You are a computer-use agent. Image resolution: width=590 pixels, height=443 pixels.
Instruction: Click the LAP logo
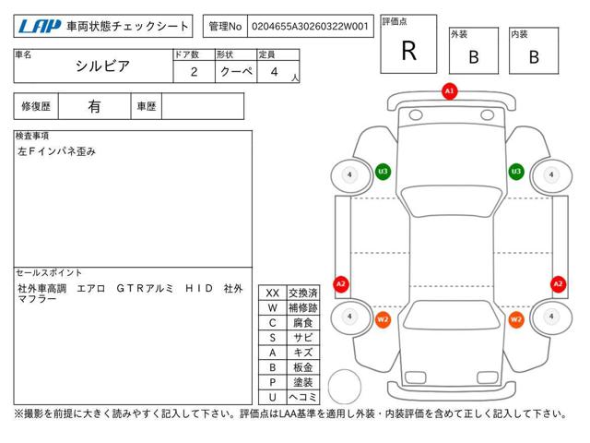[x=38, y=28]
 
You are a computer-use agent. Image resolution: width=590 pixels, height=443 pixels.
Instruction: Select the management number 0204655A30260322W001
[x=311, y=28]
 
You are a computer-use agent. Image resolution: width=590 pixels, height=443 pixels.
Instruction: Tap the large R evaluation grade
[x=408, y=52]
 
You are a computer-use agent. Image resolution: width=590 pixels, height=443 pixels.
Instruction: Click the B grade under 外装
[x=473, y=57]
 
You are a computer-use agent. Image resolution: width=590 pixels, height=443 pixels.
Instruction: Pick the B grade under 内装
[x=533, y=57]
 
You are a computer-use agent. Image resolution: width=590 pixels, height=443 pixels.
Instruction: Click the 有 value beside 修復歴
[x=94, y=106]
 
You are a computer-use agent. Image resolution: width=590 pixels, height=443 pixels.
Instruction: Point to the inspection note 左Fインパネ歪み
[x=56, y=150]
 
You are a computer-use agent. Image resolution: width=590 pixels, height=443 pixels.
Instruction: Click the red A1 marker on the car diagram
[x=449, y=91]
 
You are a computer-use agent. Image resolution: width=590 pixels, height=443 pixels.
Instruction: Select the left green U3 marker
[x=383, y=171]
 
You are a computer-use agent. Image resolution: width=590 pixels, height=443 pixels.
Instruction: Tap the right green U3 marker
[x=516, y=171]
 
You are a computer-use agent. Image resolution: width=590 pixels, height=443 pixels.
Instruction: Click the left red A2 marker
[x=341, y=283]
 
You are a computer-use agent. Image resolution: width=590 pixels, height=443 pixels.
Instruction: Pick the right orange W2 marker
[x=516, y=319]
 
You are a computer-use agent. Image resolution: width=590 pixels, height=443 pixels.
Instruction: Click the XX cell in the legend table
[x=273, y=293]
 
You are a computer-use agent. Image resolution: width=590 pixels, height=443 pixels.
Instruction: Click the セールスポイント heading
[x=50, y=273]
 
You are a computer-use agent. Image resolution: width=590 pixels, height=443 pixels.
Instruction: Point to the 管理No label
[x=226, y=28]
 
